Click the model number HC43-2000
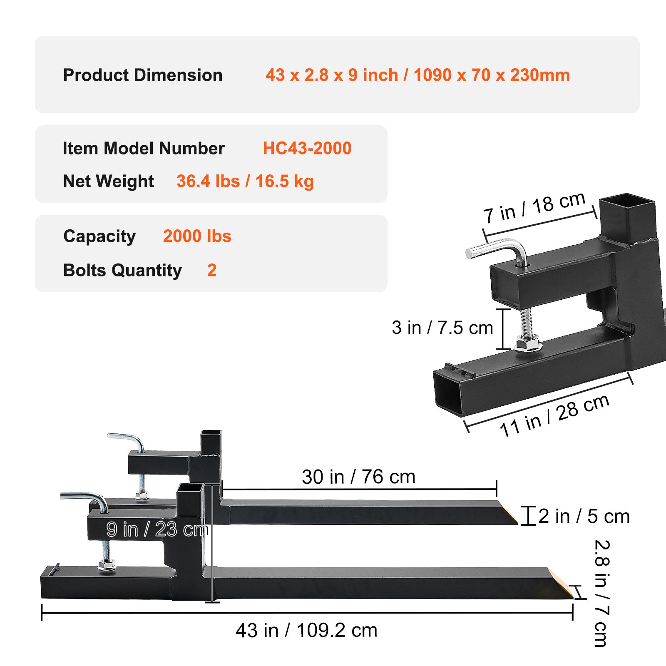click(307, 148)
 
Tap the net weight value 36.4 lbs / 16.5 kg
click(245, 181)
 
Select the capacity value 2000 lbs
click(197, 236)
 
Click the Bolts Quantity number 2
click(211, 270)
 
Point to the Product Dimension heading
click(142, 75)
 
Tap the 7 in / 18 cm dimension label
click(534, 208)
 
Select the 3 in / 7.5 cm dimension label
click(442, 328)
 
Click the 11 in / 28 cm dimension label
click(554, 416)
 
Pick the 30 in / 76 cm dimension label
click(358, 477)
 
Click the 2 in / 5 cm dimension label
click(584, 516)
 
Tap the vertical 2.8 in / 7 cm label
click(601, 593)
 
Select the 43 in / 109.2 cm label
click(306, 630)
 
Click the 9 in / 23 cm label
click(157, 529)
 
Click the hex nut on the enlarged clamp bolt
click(528, 345)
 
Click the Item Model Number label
click(144, 148)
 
